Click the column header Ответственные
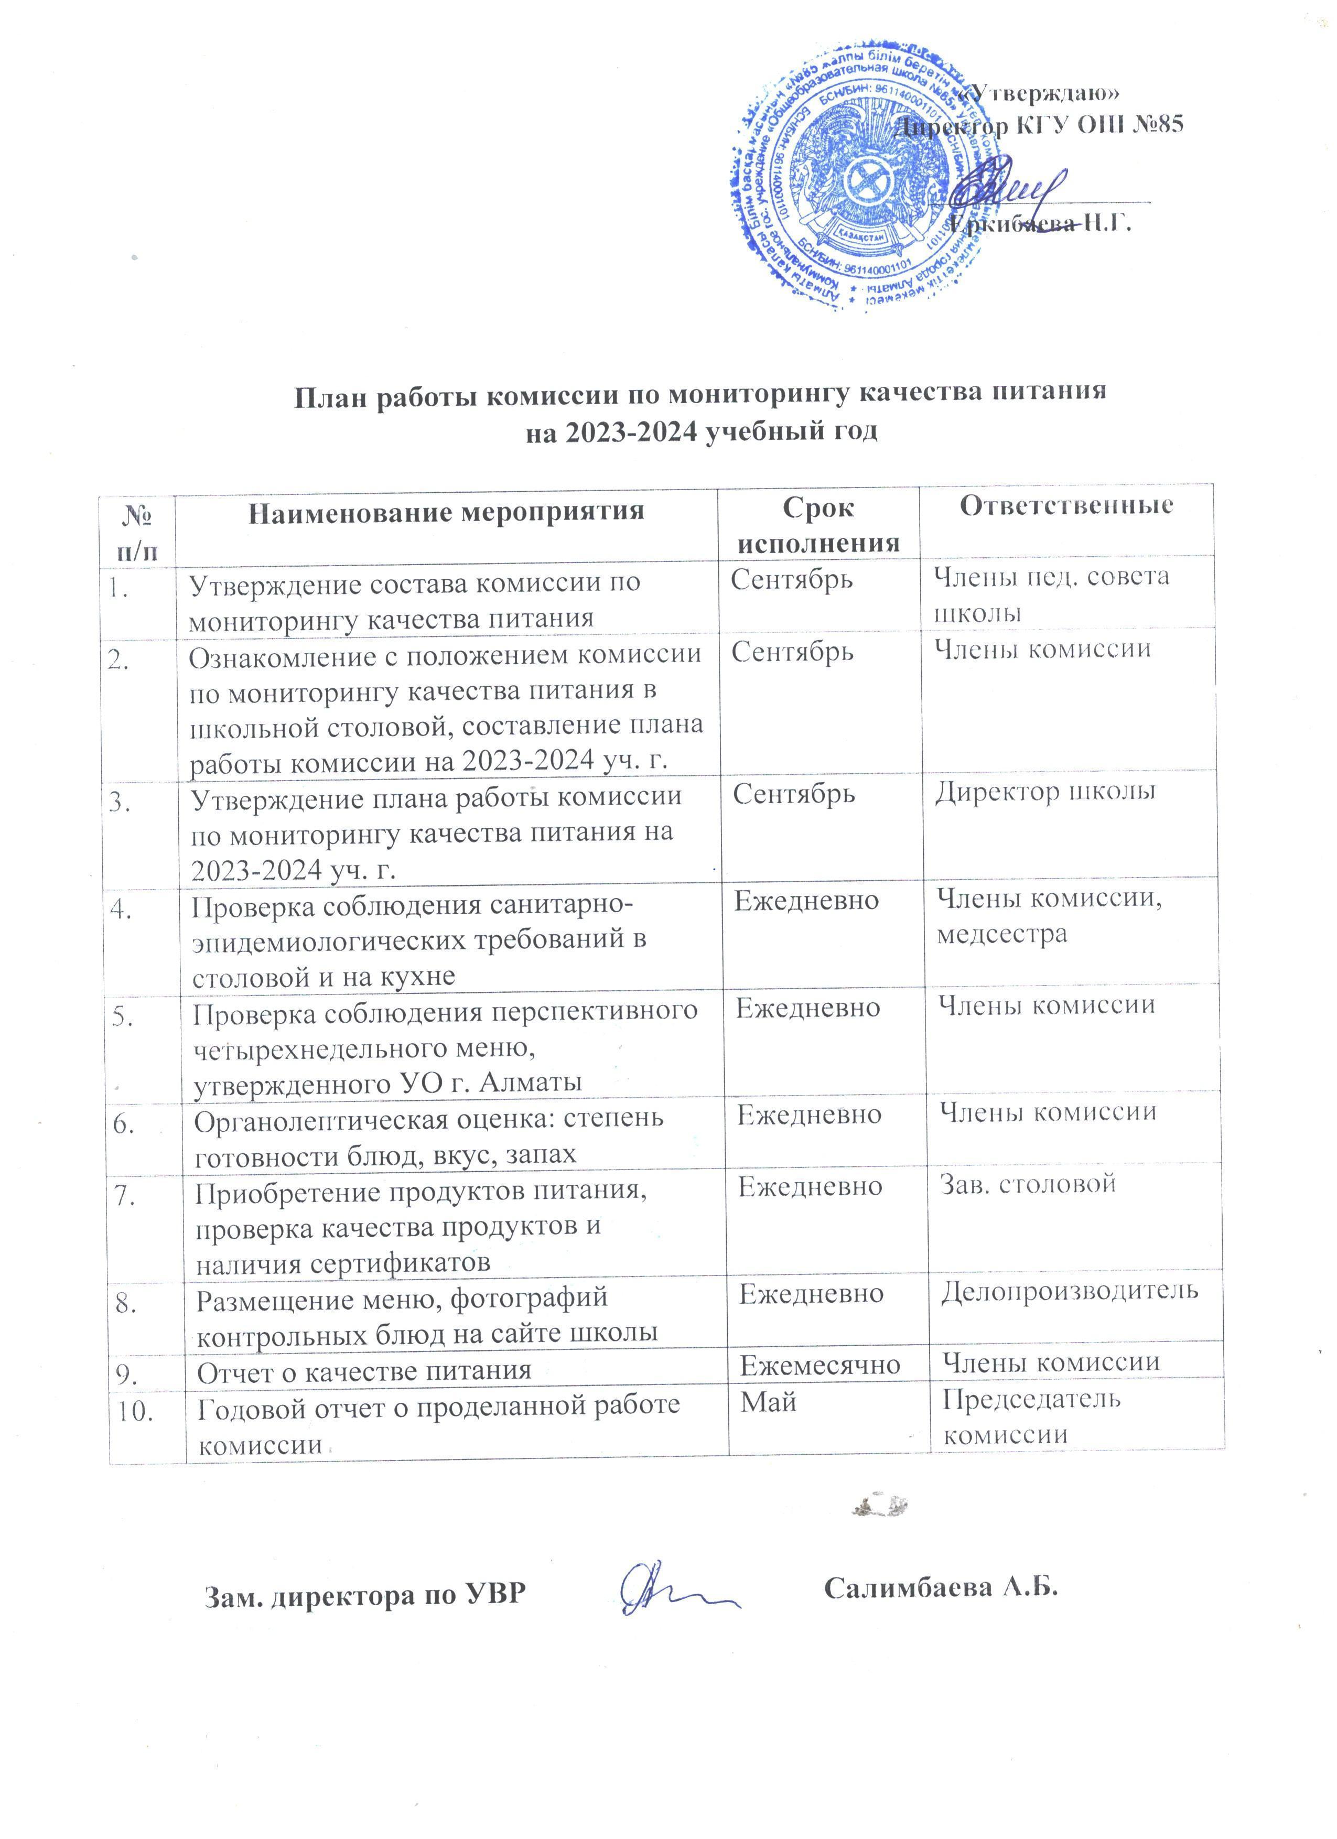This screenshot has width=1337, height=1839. tap(1066, 506)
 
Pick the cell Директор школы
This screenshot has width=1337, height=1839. tap(1045, 792)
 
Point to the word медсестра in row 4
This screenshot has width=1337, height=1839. tap(1002, 934)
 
